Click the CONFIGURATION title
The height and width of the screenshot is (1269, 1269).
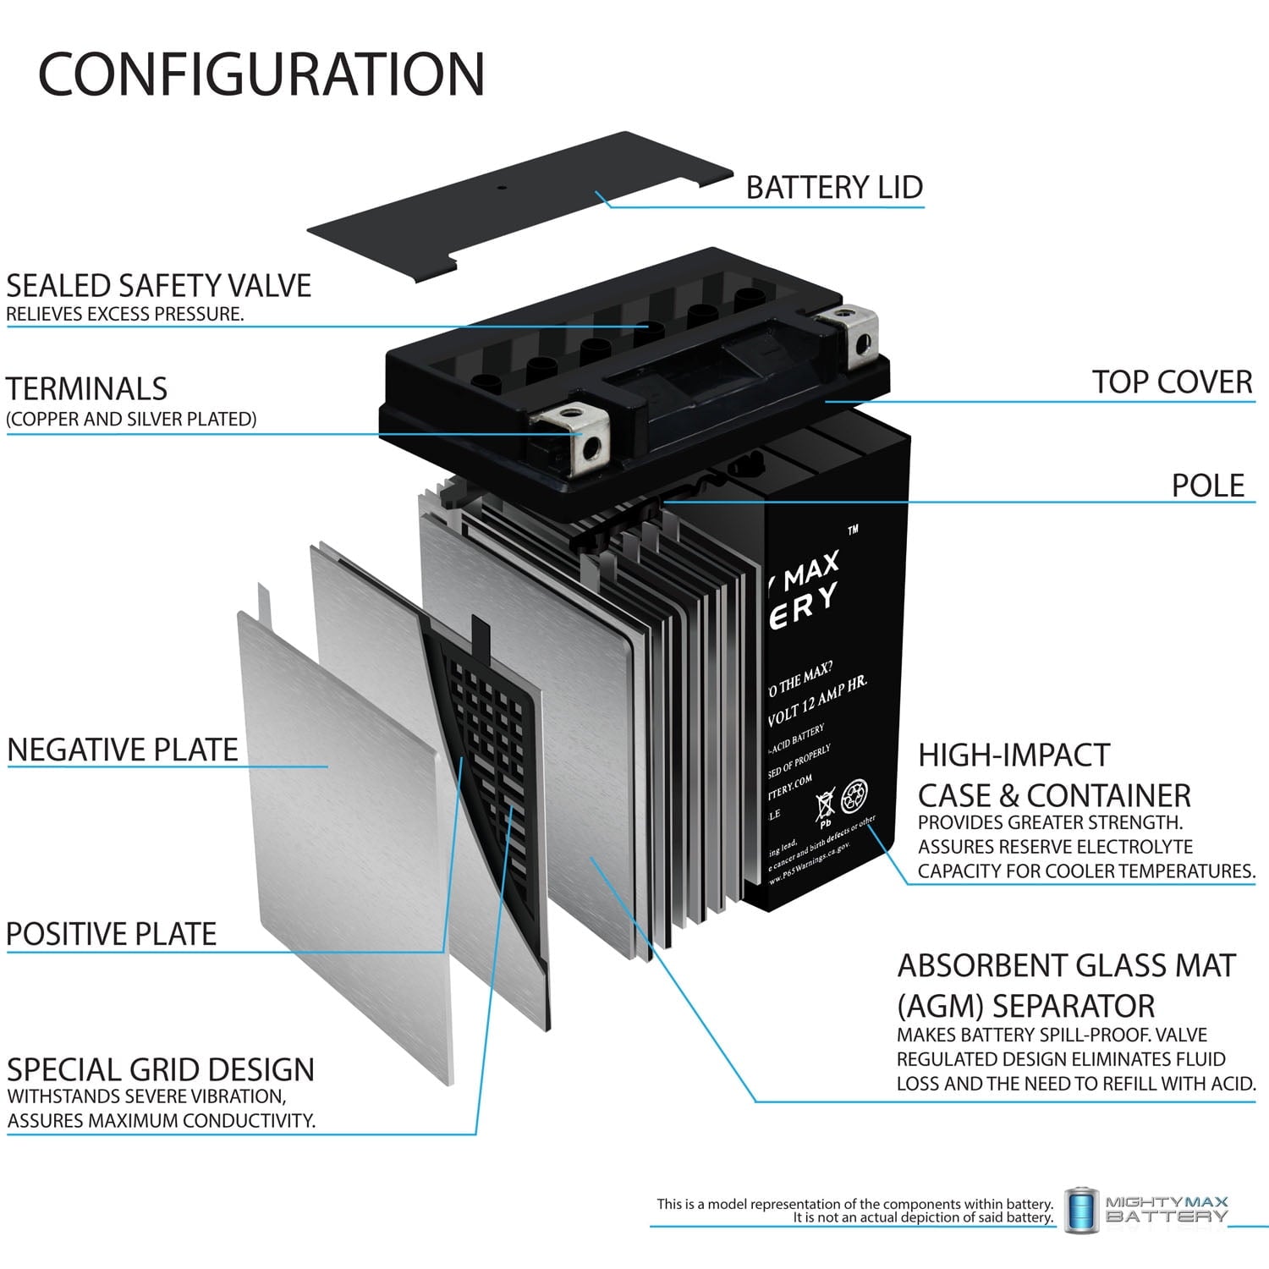click(261, 74)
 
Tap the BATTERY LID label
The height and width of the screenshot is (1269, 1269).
click(833, 187)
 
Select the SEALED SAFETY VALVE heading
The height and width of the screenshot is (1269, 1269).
click(159, 286)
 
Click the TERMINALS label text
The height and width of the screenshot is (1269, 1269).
click(87, 389)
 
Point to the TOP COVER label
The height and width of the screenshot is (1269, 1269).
click(1171, 382)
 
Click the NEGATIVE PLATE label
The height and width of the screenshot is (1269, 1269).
click(123, 750)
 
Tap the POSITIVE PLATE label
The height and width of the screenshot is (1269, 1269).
click(112, 934)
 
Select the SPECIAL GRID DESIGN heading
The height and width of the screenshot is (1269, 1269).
click(161, 1070)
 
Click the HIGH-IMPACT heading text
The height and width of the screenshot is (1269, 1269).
click(1014, 755)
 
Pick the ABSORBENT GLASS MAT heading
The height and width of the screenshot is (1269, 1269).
click(1066, 965)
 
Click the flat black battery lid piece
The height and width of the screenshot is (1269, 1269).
click(516, 207)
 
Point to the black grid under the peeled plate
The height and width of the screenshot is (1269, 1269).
click(491, 728)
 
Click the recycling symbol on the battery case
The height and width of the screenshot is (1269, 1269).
click(854, 795)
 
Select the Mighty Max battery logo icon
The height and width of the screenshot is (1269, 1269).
click(1080, 1210)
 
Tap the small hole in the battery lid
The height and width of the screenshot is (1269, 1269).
click(499, 187)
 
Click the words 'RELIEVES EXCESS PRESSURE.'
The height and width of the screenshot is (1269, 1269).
click(125, 314)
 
